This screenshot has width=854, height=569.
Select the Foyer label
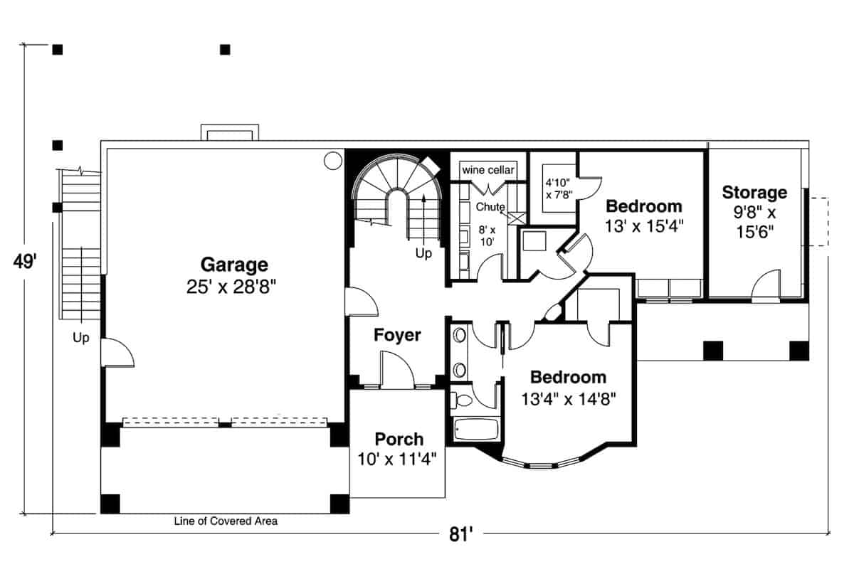pos(397,335)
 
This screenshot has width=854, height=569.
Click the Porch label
pos(399,439)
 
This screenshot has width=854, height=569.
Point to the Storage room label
pos(754,192)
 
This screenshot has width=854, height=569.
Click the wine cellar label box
pos(488,171)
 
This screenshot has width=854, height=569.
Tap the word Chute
pos(490,208)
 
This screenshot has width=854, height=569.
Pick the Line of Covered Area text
pos(226,521)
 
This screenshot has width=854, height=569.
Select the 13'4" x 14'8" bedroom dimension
pos(568,399)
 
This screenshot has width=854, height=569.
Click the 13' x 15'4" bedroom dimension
pos(643,228)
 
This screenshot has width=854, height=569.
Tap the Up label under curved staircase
pos(423,253)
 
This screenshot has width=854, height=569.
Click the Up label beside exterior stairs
pos(81,339)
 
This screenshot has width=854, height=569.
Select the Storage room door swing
pos(764,287)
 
